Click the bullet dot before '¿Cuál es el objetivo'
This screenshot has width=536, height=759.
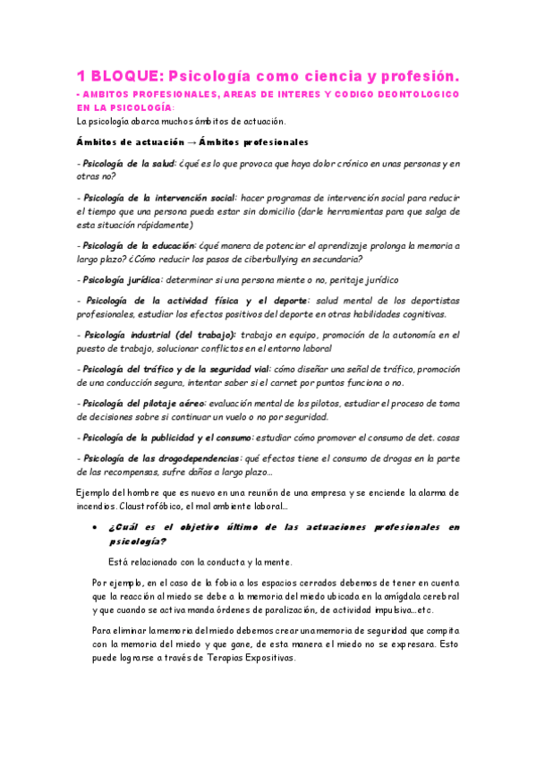[95, 528]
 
